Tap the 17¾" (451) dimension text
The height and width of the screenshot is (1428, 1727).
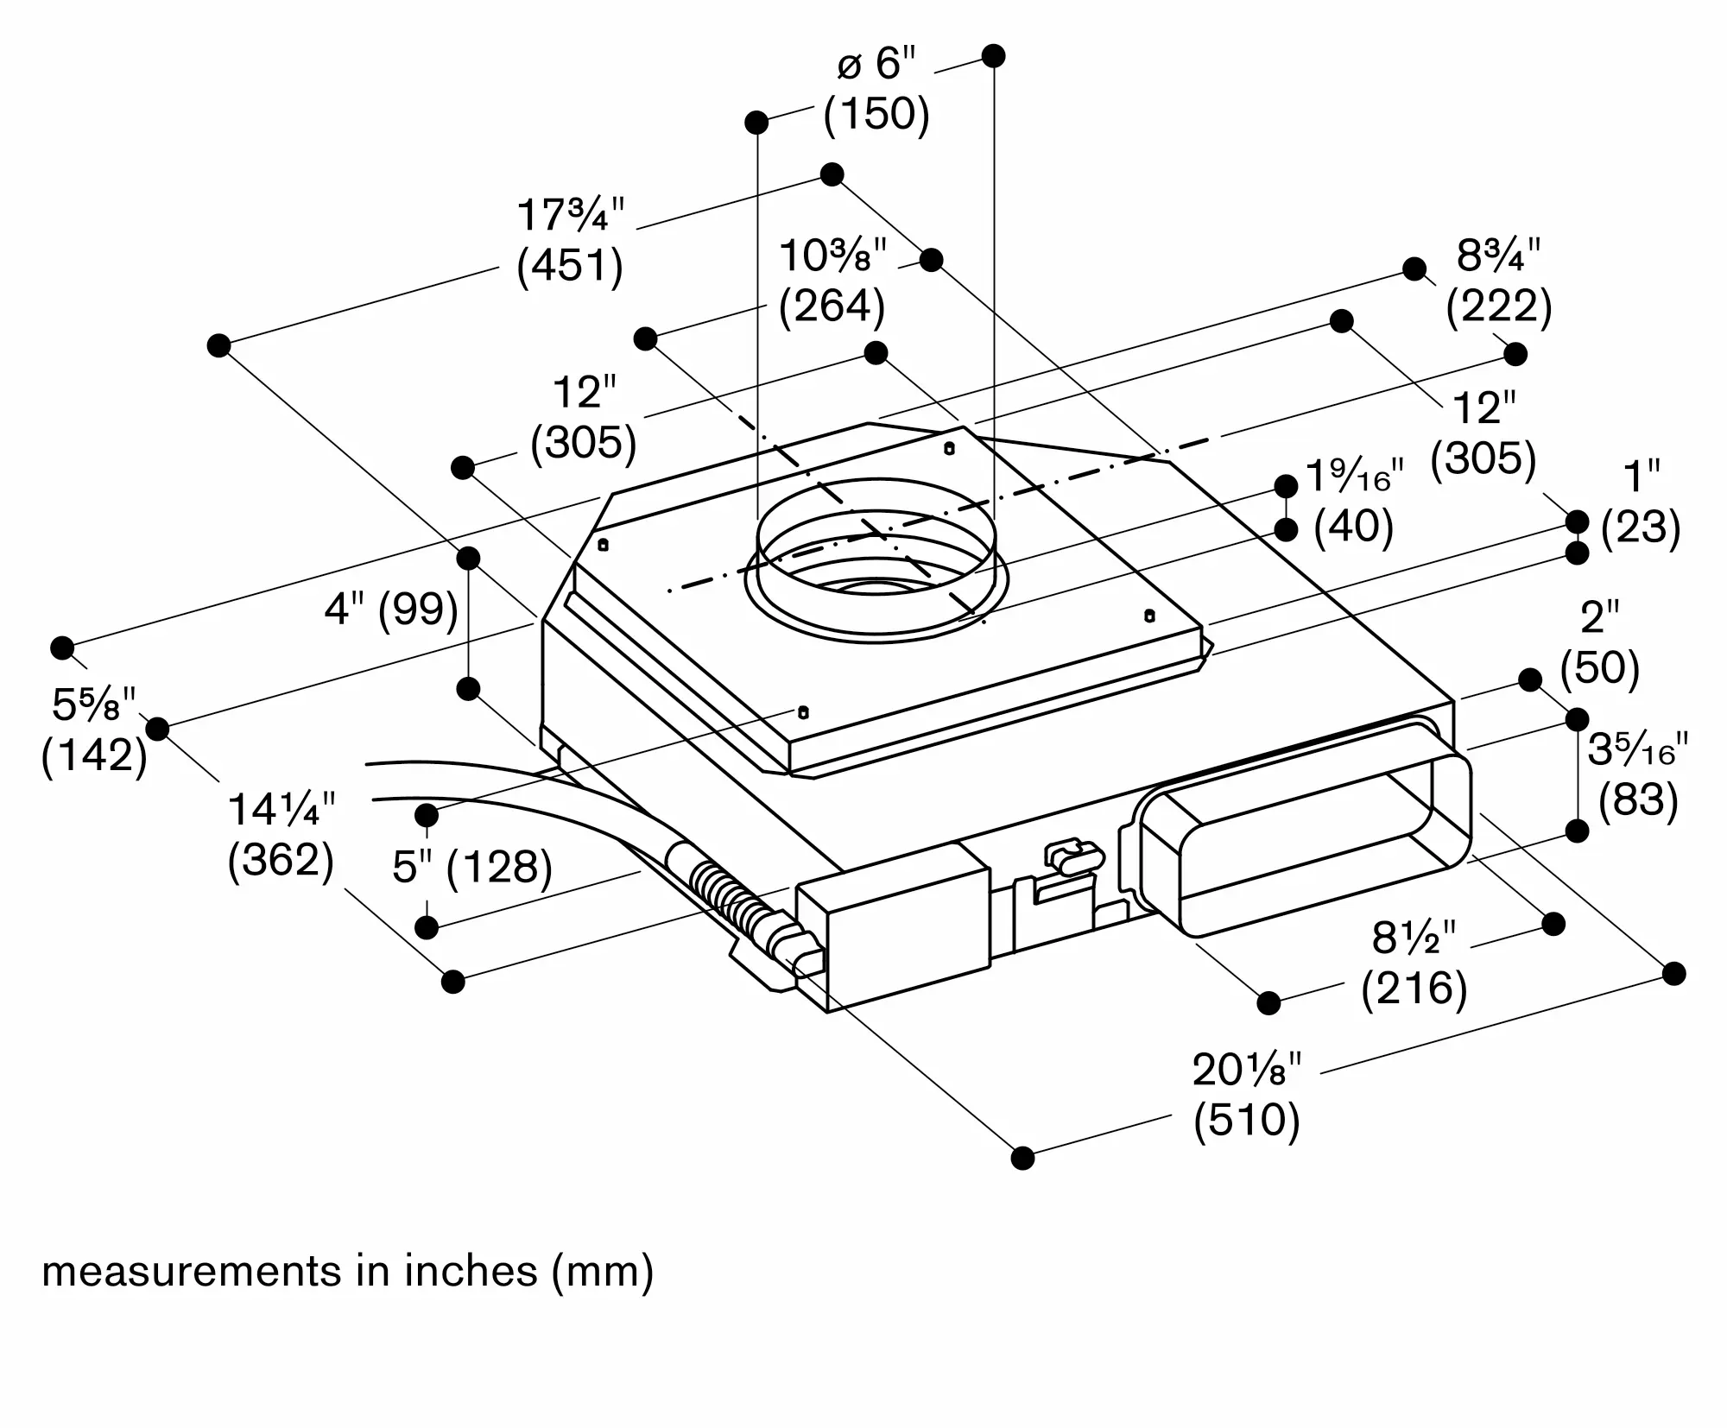point(570,240)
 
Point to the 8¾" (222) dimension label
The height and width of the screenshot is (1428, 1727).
point(1499,281)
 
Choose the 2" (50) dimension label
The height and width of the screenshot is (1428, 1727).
point(1599,643)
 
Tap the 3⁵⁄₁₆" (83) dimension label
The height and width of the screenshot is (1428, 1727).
point(1638,774)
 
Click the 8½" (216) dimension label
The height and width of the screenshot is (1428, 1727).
point(1414,962)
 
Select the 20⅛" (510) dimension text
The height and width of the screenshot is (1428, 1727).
point(1246,1095)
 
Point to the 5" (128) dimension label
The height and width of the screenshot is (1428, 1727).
point(471,866)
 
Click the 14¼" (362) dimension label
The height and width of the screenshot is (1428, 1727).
point(281,835)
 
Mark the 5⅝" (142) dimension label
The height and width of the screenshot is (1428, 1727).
point(94,730)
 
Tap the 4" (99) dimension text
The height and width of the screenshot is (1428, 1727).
point(391,610)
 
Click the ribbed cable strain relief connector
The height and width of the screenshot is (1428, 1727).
point(730,898)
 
